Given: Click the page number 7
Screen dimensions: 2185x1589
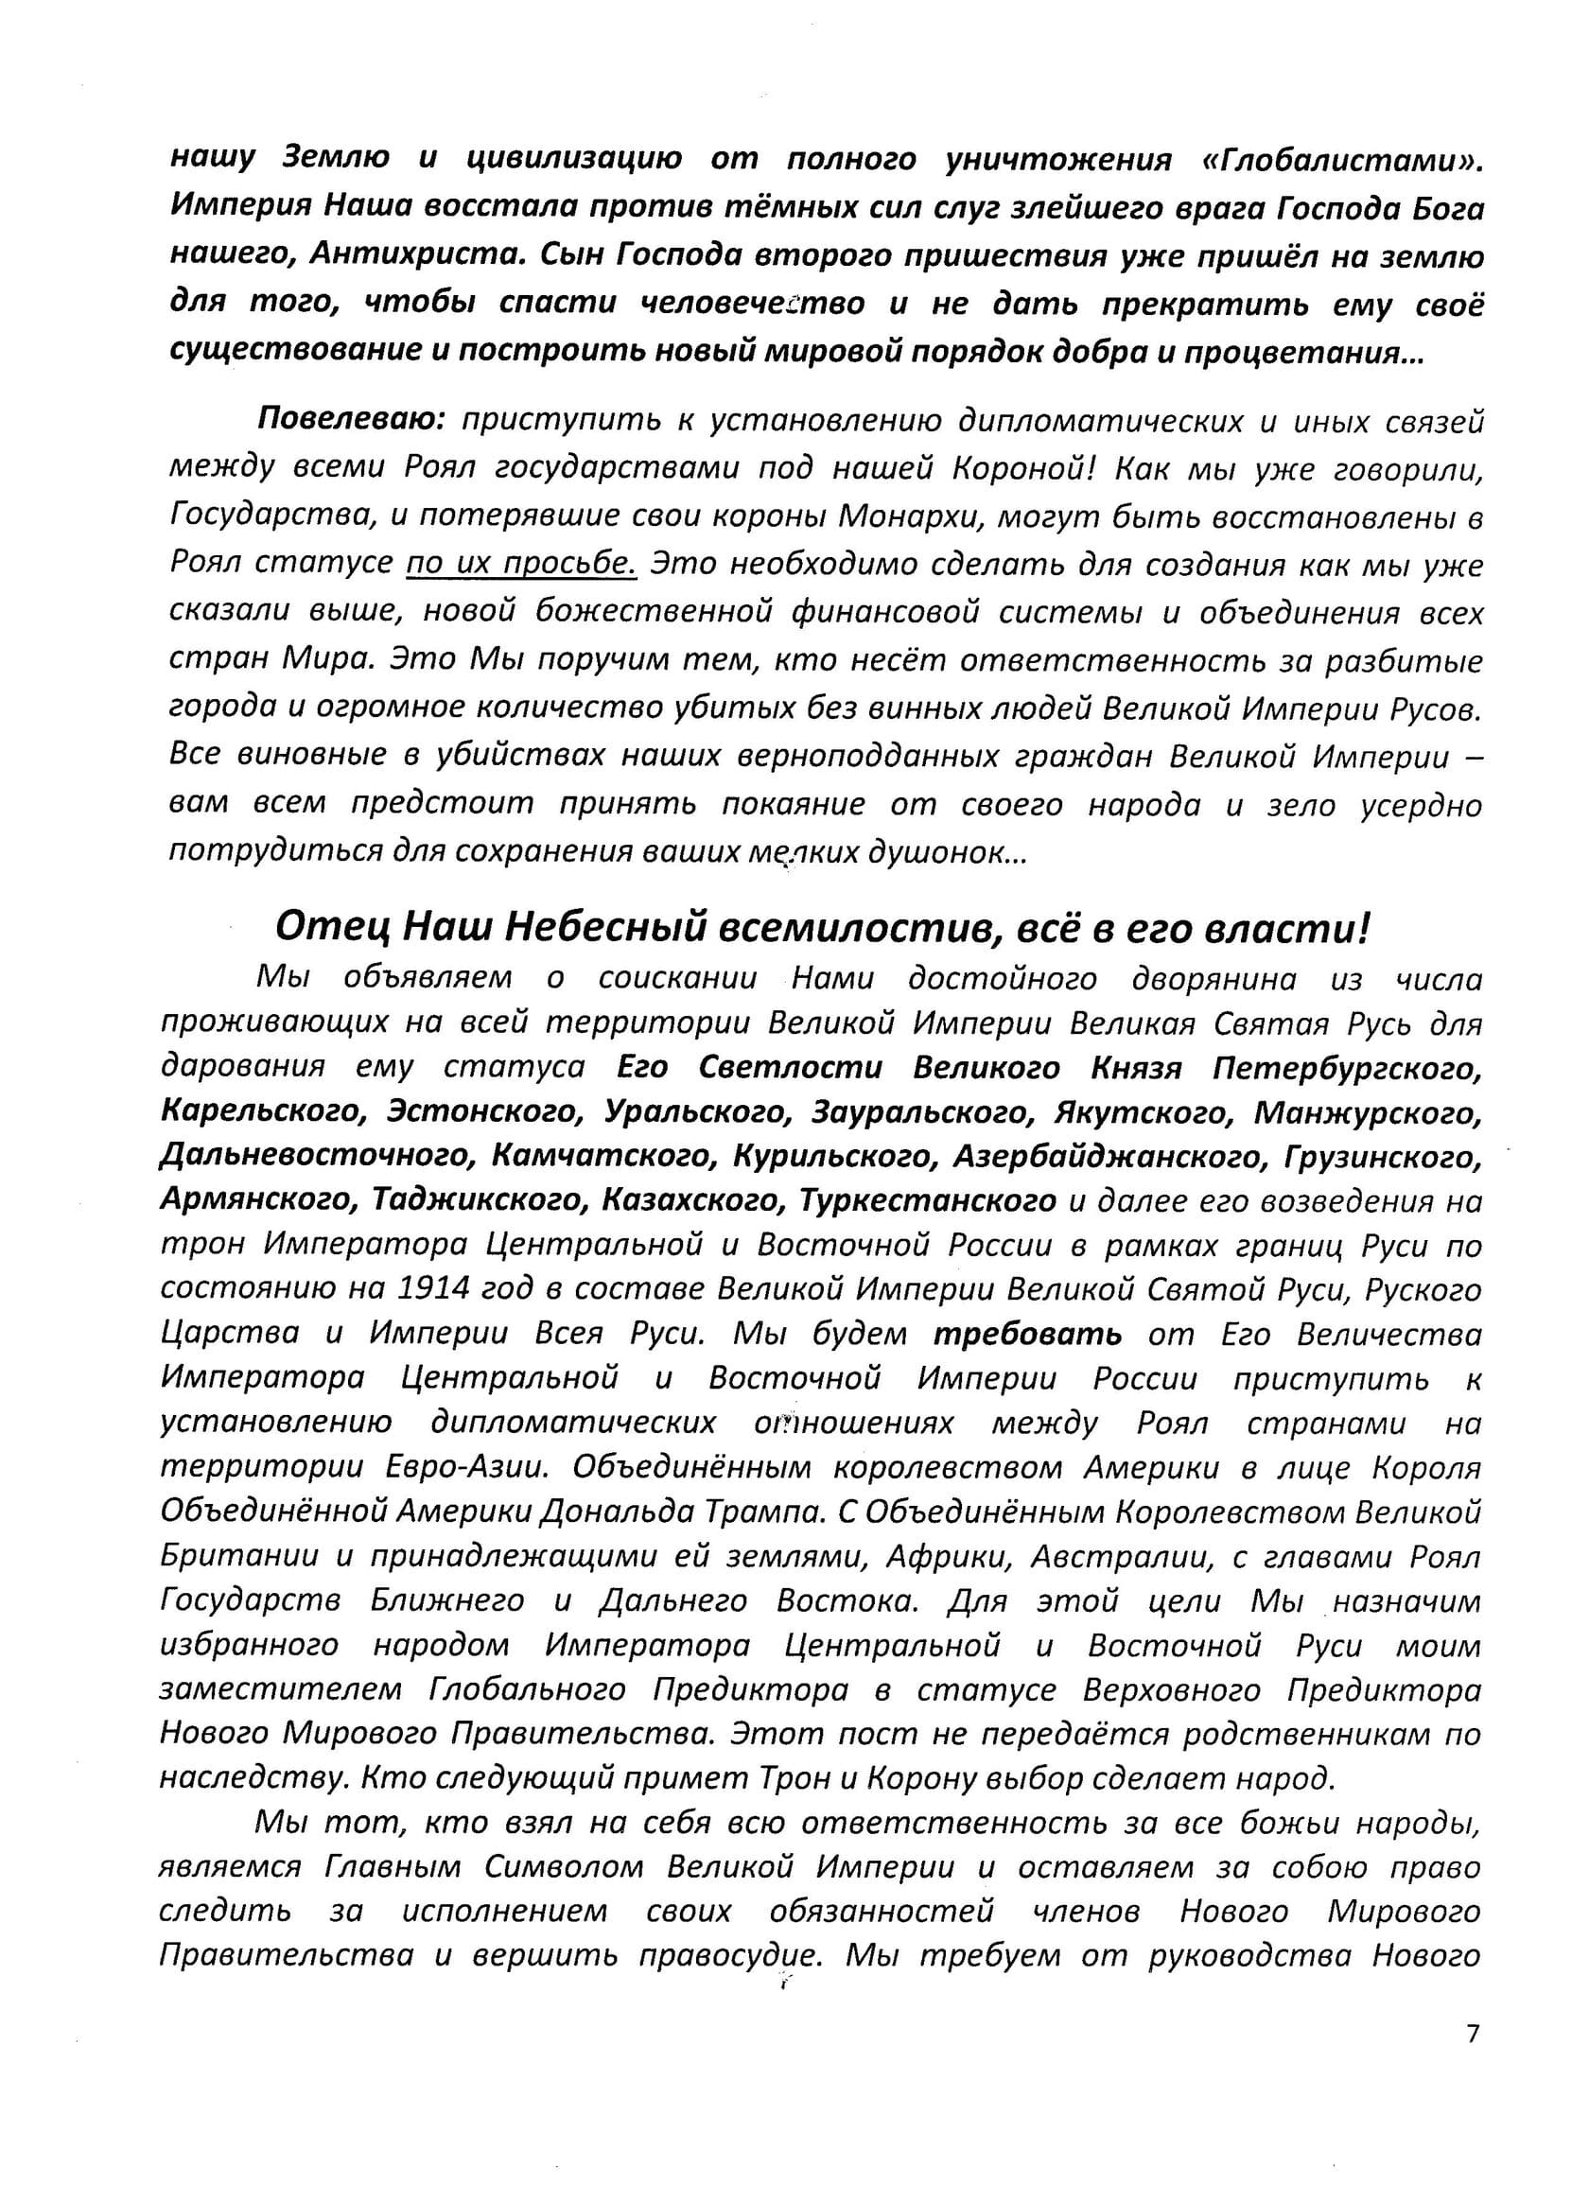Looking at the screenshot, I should [1472, 2061].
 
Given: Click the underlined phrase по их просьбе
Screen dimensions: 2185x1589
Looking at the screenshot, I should [521, 564].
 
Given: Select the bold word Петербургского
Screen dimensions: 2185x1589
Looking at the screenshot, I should [1346, 1069].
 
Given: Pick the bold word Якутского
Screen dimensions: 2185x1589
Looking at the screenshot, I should [1143, 1112].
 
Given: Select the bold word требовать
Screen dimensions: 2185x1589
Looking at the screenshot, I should [1027, 1335].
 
